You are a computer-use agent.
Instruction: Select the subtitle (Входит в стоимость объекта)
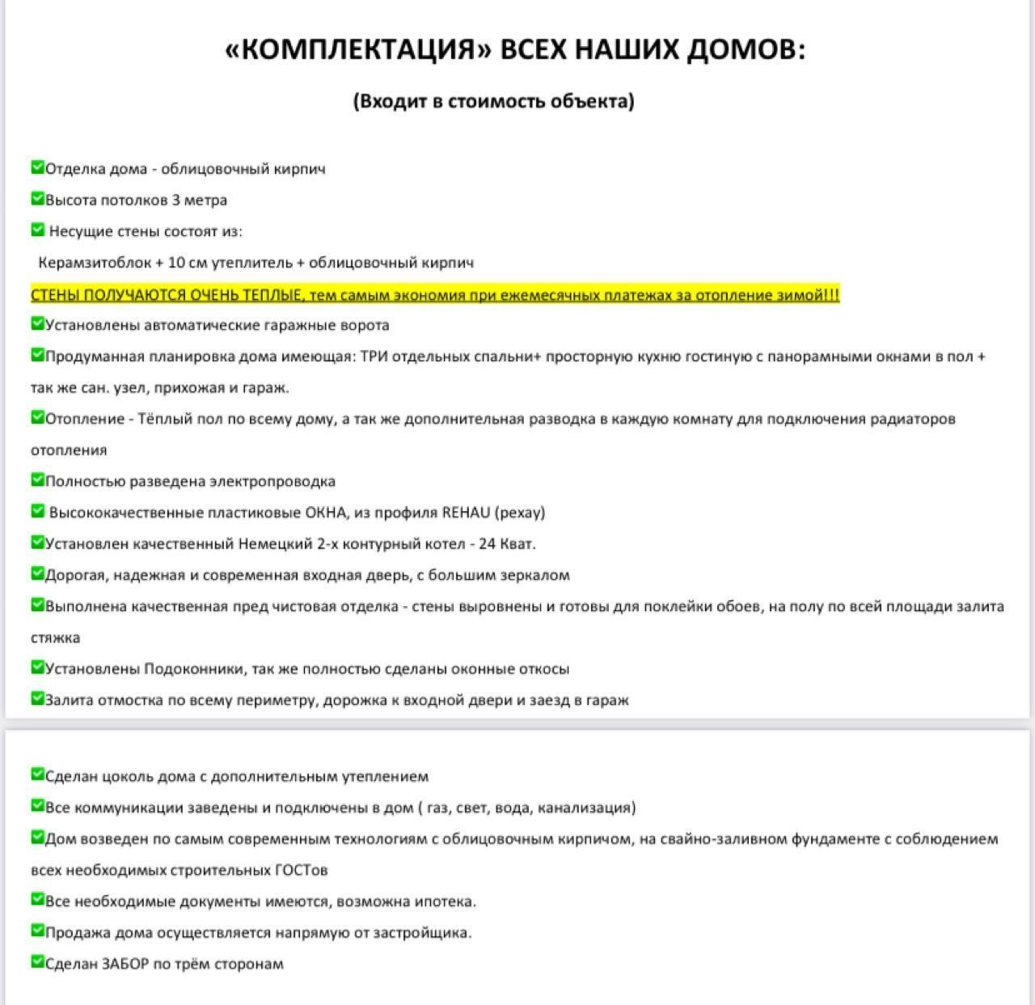(x=493, y=101)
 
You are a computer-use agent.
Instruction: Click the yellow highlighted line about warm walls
(x=435, y=294)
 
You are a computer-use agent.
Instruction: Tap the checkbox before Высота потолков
(x=37, y=199)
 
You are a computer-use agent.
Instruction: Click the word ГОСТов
(x=302, y=871)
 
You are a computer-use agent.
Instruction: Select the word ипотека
(x=444, y=902)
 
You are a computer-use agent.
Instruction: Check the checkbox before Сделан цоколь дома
(x=37, y=775)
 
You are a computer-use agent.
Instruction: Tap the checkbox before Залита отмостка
(x=37, y=699)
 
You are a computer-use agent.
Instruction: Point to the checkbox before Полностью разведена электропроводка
(x=37, y=480)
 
